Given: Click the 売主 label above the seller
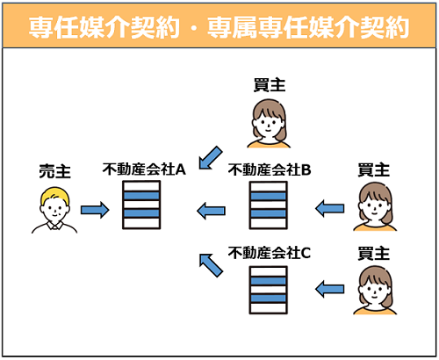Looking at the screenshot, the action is pos(54,171).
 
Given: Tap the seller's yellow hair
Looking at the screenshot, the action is pos(54,195).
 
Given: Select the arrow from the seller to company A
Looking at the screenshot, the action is pos(95,210).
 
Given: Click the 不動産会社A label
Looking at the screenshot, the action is pos(144,169).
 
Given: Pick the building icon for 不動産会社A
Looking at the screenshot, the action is pos(141,205).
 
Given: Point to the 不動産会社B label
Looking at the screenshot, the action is pos(270,169).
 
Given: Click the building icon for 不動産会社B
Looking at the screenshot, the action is pos(269,205).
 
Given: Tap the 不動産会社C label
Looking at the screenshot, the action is pos(270,253).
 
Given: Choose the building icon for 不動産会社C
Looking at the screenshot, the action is pos(269,290).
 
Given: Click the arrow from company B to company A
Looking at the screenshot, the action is pos(211,211).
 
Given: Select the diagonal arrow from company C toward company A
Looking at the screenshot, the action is pos(211,265).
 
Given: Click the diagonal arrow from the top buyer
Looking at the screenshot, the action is pos(211,158).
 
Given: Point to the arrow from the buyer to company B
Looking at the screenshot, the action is pos(330,208).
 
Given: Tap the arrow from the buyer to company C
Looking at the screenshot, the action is pos(330,289).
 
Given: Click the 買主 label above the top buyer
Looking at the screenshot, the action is pos(270,85).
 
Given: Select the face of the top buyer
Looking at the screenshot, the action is pos(268,125).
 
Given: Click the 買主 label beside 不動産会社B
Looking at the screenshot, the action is pos(374,170).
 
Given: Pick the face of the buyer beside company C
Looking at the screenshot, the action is pos(374,292).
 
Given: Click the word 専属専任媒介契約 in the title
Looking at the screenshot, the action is pos(308,27).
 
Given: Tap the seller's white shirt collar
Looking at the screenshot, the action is pos(54,226).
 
